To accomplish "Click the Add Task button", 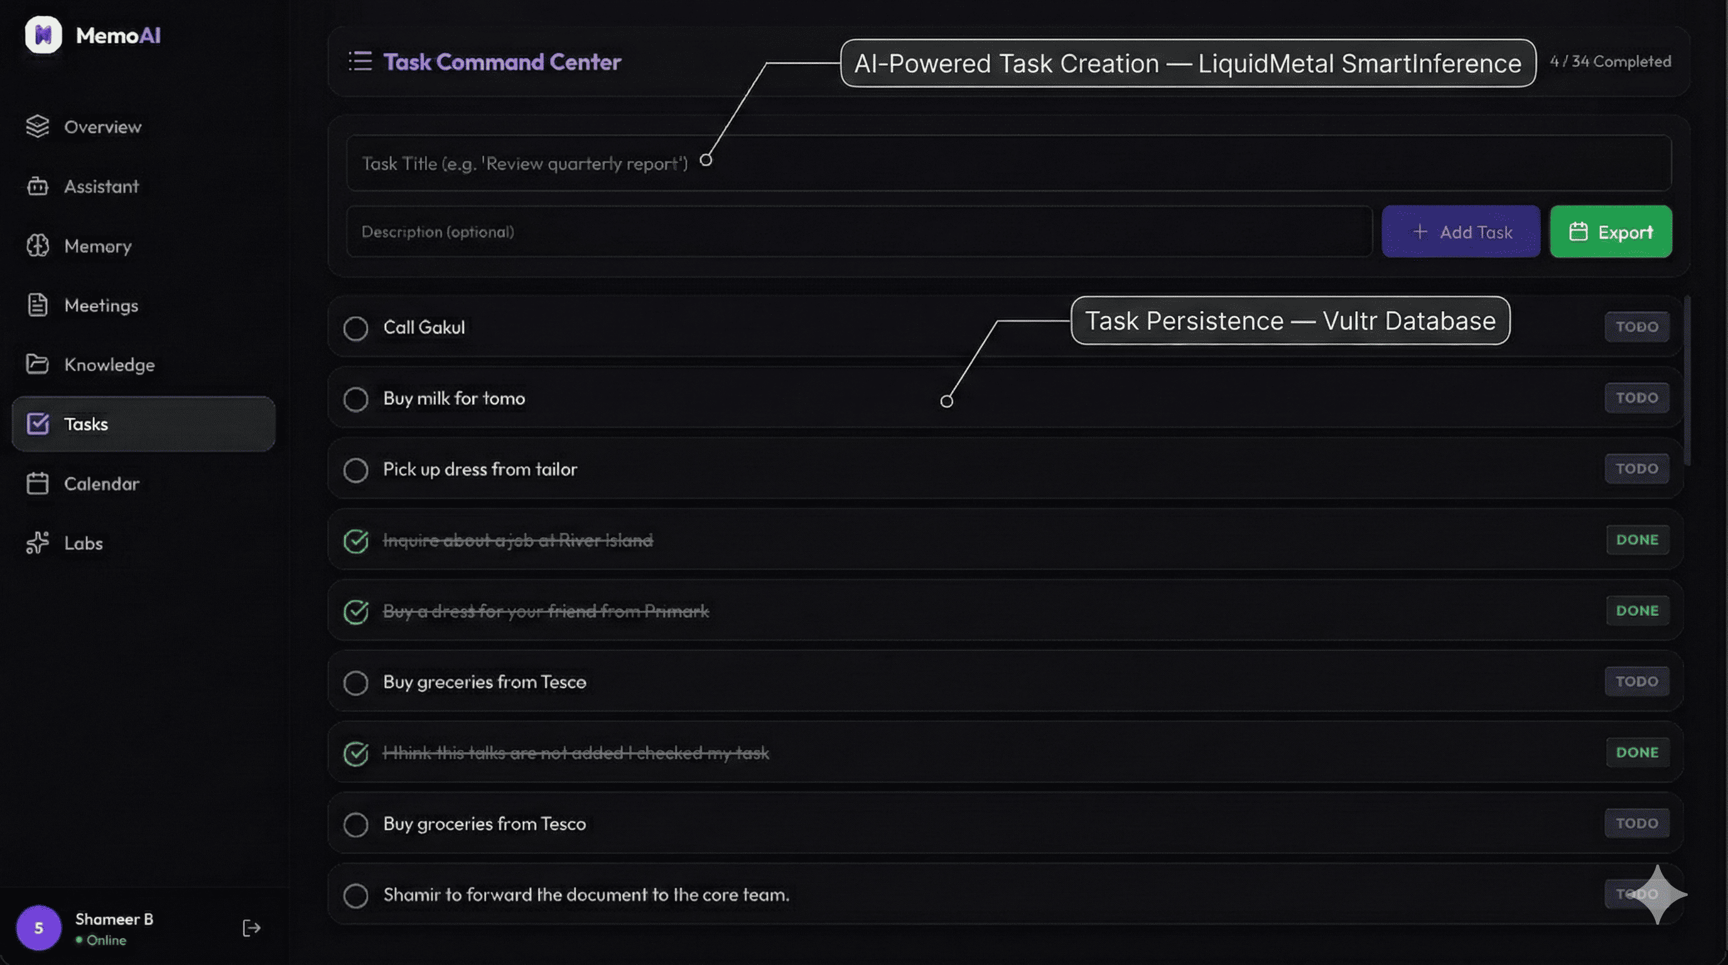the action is coord(1461,232).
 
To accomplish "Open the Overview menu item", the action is coord(102,127).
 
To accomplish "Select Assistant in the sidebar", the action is coord(100,187).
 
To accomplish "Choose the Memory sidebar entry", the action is coord(97,246).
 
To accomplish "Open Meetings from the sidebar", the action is coord(100,305).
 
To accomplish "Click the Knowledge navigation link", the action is coord(109,365).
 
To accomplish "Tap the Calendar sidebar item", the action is coord(101,484).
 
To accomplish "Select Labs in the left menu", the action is coord(83,543).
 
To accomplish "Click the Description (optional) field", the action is coord(858,232).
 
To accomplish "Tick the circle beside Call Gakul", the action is coord(355,328).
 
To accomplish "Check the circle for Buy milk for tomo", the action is coord(355,400).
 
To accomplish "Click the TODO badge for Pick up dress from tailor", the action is coord(1636,469).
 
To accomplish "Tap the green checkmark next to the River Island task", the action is coord(355,541).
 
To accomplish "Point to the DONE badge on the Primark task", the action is coord(1637,611).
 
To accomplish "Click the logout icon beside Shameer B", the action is coord(251,928).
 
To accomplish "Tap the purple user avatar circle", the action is coord(39,928).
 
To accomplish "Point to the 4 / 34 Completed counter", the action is coord(1610,62).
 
